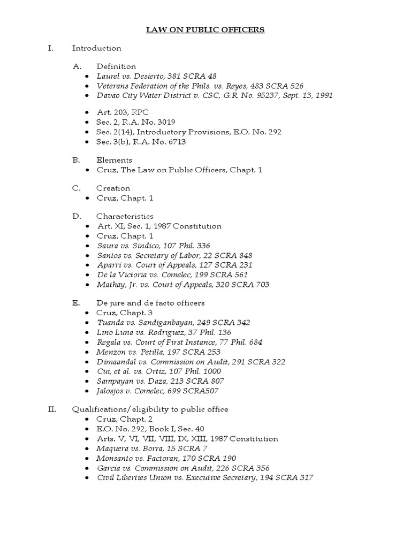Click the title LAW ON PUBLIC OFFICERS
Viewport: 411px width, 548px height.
205,30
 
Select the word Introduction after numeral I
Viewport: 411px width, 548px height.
97,48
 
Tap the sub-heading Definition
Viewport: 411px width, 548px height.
116,66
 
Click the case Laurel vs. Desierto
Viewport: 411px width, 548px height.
156,76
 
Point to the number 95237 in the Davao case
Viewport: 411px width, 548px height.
276,95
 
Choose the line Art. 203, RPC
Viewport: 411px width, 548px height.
123,112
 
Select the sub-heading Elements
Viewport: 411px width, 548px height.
114,160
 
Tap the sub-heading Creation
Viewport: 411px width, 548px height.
113,188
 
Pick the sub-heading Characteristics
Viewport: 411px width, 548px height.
125,216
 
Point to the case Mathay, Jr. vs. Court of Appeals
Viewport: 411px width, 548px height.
182,284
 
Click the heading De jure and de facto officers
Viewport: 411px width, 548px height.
150,303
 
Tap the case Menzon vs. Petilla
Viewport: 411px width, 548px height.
158,352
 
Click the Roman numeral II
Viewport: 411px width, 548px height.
51,409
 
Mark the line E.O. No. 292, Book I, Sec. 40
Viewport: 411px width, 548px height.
150,429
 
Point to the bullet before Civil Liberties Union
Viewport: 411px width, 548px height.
87,478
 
